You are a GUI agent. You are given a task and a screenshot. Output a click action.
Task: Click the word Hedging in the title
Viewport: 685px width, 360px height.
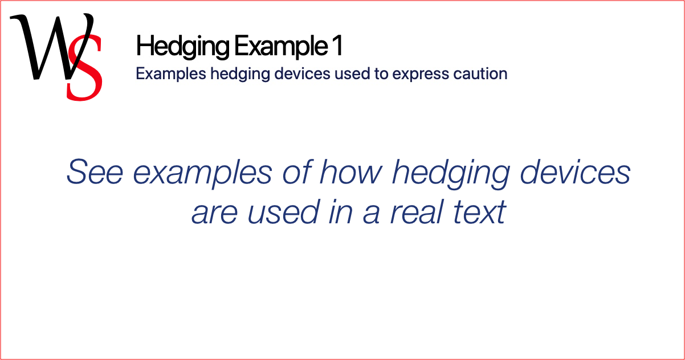182,47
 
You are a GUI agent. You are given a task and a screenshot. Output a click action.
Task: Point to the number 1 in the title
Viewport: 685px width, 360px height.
338,45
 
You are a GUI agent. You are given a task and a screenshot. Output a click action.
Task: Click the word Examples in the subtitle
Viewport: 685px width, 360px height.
171,74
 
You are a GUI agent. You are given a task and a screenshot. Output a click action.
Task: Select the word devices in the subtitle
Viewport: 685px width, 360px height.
302,74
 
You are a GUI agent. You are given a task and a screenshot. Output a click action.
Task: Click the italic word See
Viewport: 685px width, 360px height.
95,171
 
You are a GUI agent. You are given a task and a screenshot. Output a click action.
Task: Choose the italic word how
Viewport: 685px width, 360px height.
351,171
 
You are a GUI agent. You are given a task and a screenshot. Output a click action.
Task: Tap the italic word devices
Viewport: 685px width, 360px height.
575,171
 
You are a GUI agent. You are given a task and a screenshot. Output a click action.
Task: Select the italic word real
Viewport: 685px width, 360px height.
417,211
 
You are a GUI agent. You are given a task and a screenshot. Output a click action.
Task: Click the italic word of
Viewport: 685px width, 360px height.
296,171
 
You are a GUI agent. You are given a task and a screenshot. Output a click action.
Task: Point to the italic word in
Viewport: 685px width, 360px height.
340,211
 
